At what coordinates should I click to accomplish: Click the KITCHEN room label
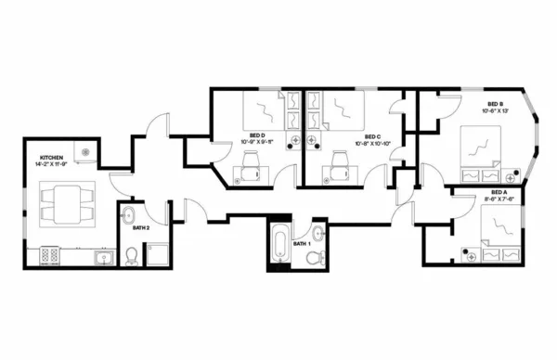(x=51, y=159)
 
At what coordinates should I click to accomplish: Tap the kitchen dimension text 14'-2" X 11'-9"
(x=51, y=166)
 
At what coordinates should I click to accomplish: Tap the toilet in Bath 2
(x=132, y=255)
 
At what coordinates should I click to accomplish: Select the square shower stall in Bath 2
(x=157, y=254)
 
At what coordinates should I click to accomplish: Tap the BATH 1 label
(x=301, y=243)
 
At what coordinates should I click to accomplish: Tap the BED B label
(x=495, y=104)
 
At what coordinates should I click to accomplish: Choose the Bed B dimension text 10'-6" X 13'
(x=495, y=111)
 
